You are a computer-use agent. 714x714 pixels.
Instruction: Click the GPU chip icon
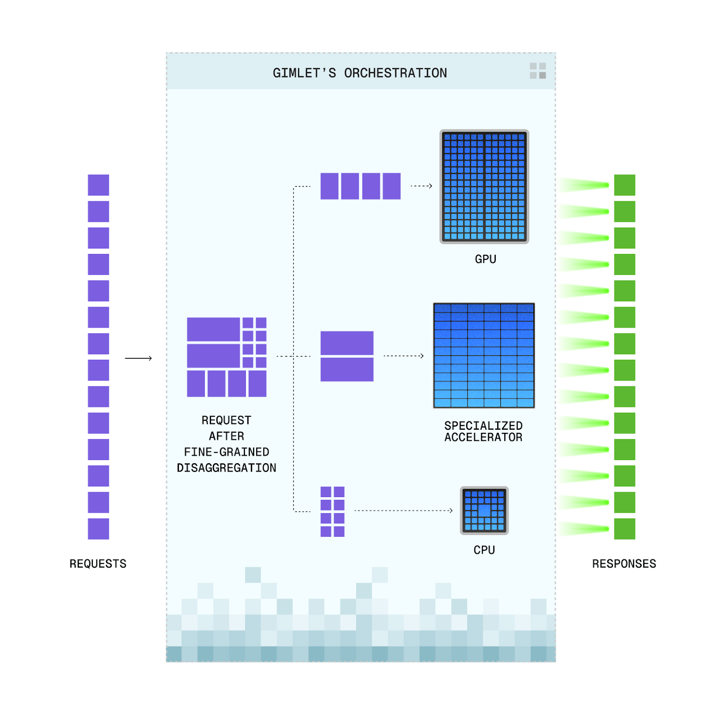click(x=484, y=187)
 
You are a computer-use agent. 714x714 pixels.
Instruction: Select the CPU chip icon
click(x=484, y=511)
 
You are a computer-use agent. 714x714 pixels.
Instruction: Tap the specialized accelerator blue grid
click(x=484, y=355)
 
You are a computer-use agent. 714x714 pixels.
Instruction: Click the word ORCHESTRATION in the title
click(x=395, y=73)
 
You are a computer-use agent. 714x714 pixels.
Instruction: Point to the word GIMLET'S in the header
click(x=304, y=73)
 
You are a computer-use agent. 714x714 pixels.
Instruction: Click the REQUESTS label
click(x=98, y=564)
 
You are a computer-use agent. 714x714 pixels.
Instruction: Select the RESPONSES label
click(x=624, y=564)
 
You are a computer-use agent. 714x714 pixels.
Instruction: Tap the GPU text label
click(x=486, y=259)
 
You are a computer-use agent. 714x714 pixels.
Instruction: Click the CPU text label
click(x=484, y=550)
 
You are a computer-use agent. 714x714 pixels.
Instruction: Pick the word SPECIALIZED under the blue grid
click(x=483, y=426)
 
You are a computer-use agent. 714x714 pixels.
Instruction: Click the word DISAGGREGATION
click(x=227, y=468)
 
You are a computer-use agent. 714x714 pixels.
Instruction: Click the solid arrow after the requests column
click(x=138, y=358)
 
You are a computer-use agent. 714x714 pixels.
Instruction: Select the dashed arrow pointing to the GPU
click(x=421, y=186)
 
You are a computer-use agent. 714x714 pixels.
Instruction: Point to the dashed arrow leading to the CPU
click(x=403, y=511)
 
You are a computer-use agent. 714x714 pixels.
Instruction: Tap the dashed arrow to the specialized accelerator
click(x=403, y=356)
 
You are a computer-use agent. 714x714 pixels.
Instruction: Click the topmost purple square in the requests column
click(x=99, y=185)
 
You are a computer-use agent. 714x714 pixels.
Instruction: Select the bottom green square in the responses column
click(x=625, y=529)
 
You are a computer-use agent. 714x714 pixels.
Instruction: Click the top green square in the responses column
click(x=625, y=185)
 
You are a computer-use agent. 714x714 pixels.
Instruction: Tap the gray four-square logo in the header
click(x=538, y=71)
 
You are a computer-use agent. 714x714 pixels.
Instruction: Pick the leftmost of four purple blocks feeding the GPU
click(x=329, y=186)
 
